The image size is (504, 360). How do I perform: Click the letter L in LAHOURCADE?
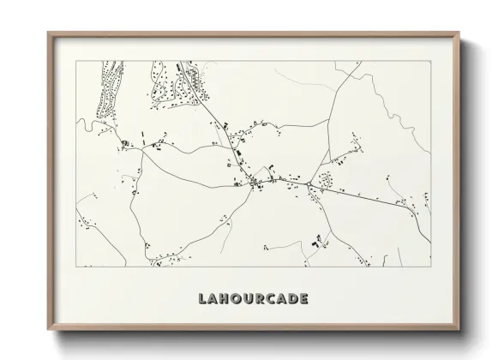(x=202, y=299)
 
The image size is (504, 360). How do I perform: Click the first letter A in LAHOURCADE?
(x=214, y=299)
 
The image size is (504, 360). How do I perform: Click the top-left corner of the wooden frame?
(x=48, y=33)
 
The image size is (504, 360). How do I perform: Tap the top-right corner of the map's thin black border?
(x=431, y=61)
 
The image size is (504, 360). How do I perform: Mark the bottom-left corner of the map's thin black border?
(x=76, y=267)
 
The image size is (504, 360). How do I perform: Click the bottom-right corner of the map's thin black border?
(x=431, y=267)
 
